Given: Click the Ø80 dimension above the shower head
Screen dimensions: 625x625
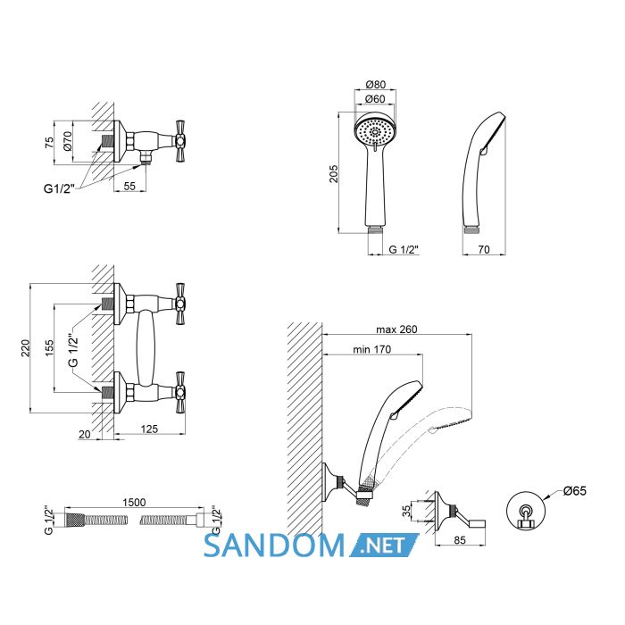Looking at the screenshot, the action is [x=376, y=85].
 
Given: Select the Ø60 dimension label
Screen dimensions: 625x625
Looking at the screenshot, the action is [x=376, y=98].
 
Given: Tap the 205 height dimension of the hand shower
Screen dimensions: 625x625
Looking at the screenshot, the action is [x=333, y=174].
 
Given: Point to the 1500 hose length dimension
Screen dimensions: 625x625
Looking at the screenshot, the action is [x=134, y=502].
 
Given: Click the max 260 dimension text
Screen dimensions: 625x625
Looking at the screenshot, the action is [x=396, y=329].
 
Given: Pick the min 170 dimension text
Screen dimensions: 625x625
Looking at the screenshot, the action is [x=372, y=350].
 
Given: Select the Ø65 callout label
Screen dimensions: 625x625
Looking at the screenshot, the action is [x=575, y=490].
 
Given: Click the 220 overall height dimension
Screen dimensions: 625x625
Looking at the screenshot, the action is [x=25, y=348].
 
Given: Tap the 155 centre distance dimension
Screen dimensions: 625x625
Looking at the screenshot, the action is [x=48, y=348].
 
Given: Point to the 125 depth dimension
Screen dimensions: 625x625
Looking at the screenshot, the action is [x=149, y=429].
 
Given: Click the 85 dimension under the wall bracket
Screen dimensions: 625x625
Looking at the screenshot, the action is [x=460, y=540].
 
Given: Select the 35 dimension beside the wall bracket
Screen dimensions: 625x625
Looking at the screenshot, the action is [x=405, y=511].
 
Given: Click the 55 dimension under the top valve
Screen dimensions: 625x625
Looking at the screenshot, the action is [x=129, y=186].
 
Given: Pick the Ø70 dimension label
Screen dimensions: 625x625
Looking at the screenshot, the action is [x=67, y=141].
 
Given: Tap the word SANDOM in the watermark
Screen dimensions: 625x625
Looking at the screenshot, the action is [x=274, y=546].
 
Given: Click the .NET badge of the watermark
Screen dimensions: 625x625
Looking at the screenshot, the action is [x=384, y=545].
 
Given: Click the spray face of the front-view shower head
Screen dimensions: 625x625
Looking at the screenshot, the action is [x=375, y=130].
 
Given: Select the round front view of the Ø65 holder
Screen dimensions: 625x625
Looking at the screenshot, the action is [x=525, y=511].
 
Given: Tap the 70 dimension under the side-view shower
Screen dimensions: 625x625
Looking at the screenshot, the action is [x=484, y=249].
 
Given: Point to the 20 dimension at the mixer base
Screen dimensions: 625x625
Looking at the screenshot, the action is [x=85, y=434].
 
